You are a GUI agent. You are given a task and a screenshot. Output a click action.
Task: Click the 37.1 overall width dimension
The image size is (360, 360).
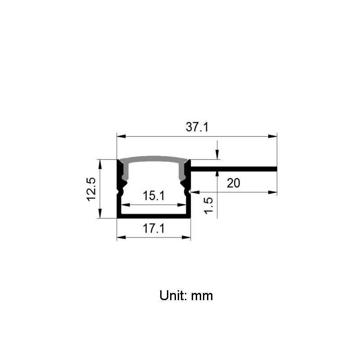pyautogui.click(x=197, y=127)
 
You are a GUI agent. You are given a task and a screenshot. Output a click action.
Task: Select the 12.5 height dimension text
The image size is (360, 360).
pyautogui.click(x=91, y=189)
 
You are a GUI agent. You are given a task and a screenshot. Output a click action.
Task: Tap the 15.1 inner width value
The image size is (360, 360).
pyautogui.click(x=153, y=196)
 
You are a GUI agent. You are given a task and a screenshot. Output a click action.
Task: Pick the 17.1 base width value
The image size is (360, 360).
pyautogui.click(x=153, y=229)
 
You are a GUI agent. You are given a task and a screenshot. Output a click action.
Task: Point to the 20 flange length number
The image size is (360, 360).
pyautogui.click(x=234, y=183)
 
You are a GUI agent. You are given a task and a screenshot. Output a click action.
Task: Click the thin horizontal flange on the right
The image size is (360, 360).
pyautogui.click(x=234, y=169)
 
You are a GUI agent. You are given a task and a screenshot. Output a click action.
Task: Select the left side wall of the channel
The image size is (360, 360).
pyautogui.click(x=120, y=198)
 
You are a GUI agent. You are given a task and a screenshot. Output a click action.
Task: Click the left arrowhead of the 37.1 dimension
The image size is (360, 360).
pyautogui.click(x=120, y=135)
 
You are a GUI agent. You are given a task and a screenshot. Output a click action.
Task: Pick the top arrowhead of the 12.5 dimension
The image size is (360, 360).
pyautogui.click(x=99, y=162)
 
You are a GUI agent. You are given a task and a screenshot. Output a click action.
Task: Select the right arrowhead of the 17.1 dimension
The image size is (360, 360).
pyautogui.click(x=187, y=237)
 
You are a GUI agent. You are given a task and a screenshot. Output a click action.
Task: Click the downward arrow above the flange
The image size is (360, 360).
pyautogui.click(x=218, y=156)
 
